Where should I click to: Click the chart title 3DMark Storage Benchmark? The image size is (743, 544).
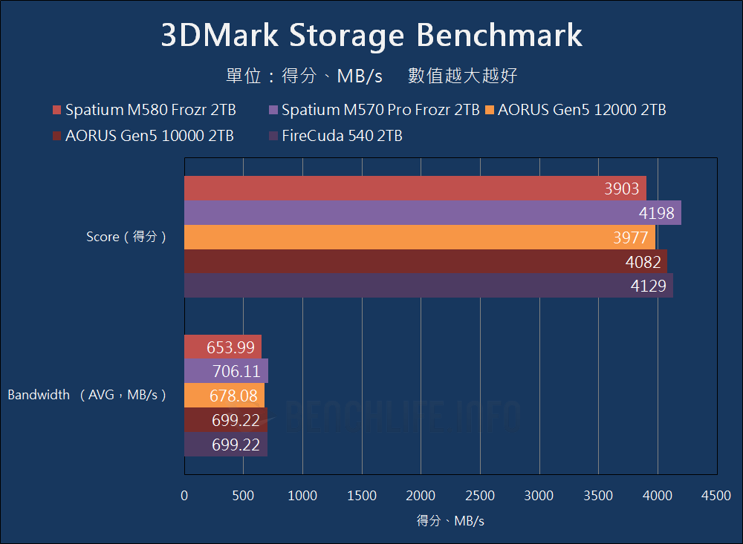[x=371, y=36]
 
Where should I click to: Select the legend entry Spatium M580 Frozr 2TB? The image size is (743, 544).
[x=144, y=110]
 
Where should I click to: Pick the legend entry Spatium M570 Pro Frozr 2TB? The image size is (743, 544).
[x=374, y=110]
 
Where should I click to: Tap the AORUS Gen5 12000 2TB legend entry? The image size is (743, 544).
[x=575, y=110]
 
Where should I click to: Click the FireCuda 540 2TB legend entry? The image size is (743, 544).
[x=335, y=136]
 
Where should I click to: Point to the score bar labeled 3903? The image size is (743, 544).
[x=415, y=189]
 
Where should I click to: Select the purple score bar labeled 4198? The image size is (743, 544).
[x=432, y=213]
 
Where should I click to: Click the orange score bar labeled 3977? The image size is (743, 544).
[x=419, y=237]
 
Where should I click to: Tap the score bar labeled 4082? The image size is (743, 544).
[x=425, y=261]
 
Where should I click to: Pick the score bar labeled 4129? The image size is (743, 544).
[x=428, y=286]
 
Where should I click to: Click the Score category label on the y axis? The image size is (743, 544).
[x=126, y=237]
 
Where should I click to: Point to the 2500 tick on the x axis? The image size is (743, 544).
[x=479, y=496]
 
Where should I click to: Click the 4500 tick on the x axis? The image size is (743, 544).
[x=716, y=496]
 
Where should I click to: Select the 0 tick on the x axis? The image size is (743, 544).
[x=184, y=496]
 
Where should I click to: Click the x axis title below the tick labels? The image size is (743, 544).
[x=450, y=521]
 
